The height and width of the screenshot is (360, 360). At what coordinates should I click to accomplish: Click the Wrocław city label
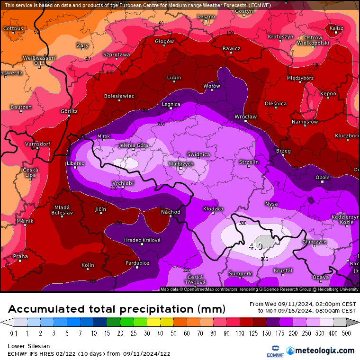tap(245, 117)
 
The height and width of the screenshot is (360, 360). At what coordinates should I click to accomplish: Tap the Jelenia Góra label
tap(133, 145)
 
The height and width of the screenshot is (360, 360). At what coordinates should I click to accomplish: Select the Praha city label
tap(20, 256)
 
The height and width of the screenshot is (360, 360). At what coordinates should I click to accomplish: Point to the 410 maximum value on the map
tap(256, 246)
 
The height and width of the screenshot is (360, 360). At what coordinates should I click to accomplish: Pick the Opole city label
tap(323, 178)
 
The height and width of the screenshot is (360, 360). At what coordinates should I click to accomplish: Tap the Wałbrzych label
tap(181, 163)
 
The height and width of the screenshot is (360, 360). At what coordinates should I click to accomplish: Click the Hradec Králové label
tap(142, 240)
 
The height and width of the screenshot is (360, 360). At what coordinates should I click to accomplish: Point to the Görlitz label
tap(69, 111)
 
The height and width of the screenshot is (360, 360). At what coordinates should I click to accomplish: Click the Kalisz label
tap(336, 28)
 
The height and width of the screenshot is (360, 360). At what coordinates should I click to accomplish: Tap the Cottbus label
tap(13, 28)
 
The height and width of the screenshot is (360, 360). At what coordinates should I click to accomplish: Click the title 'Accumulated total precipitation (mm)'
tap(116, 309)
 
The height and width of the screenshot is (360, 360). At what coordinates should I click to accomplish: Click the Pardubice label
tap(137, 263)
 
